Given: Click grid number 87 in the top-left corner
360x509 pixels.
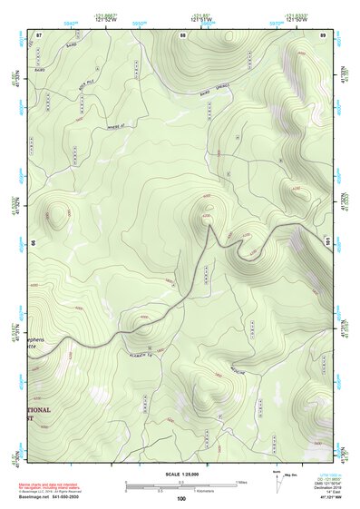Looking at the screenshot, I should pos(39,34).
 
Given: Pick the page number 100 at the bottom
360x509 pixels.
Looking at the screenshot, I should pos(180,499).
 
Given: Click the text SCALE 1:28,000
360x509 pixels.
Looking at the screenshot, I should pos(182,474).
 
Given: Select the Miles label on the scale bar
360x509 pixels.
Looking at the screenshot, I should pos(240,481).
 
